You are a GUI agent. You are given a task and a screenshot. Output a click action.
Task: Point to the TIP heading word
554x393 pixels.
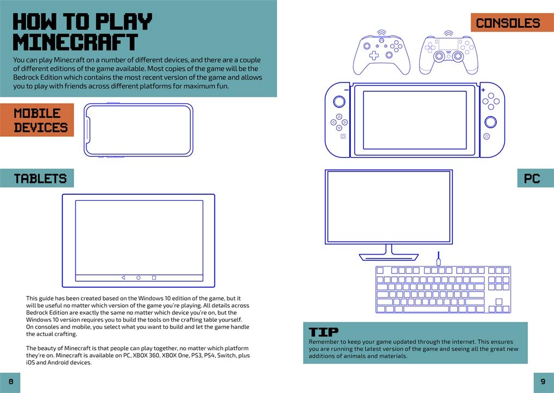pos(323,332)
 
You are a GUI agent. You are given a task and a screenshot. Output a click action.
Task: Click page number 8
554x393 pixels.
pos(11,382)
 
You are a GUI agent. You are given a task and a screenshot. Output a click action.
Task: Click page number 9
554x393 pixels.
pos(543,382)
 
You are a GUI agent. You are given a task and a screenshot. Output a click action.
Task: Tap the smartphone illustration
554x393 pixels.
pos(138,130)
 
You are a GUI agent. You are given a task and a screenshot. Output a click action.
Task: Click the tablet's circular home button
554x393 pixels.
pos(138,278)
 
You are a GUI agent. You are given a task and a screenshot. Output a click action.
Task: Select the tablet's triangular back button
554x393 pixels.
pos(123,278)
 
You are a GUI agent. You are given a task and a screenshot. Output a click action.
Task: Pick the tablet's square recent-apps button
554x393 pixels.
pos(154,278)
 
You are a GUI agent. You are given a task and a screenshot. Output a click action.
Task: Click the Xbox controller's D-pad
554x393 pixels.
pos(374,55)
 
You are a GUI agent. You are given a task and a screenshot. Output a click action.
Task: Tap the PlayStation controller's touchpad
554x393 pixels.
pos(448,44)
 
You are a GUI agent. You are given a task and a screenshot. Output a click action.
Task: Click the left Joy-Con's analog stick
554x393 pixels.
pos(339,102)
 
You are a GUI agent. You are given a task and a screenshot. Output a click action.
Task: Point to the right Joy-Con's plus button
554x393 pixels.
pos(483,90)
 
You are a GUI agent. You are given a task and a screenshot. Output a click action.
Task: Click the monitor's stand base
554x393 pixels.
pos(389,257)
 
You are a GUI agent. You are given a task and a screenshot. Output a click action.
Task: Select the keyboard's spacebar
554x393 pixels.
pos(426,309)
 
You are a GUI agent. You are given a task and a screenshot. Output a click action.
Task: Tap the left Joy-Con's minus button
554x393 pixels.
pos(347,90)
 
